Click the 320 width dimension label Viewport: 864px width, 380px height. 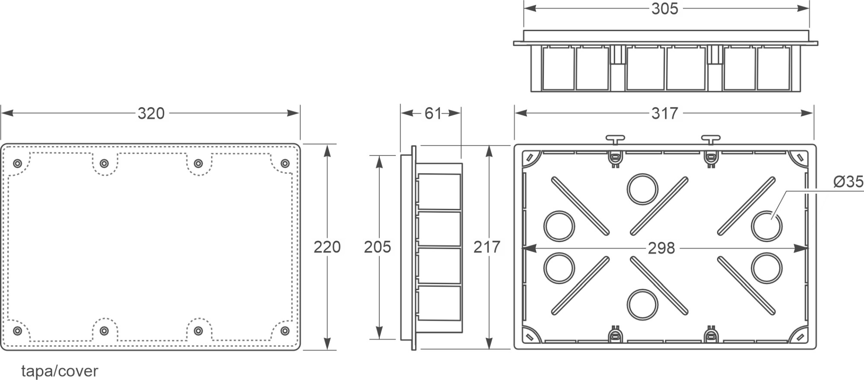pos(151,113)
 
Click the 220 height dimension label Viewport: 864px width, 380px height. pos(327,247)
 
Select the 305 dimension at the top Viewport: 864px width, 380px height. pos(665,9)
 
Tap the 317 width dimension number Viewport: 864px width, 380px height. pos(665,113)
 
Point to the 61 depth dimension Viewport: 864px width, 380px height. pos(432,113)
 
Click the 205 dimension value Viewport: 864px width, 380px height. pos(377,247)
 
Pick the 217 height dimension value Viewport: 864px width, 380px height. pos(487,247)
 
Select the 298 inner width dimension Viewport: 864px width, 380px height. pos(661,248)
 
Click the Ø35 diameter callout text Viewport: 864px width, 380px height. pos(848,182)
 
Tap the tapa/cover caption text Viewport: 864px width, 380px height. pos(60,371)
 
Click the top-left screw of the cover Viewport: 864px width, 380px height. pos(17,163)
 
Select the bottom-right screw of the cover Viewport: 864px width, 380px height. pos(285,331)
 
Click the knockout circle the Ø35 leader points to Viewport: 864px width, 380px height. pos(766,226)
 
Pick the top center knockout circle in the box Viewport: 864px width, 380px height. pos(642,189)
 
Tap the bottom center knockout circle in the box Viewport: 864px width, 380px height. pos(642,304)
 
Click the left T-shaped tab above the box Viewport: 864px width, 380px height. pos(615,139)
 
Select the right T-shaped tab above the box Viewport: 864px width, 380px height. pos(711,139)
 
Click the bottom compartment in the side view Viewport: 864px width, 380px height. pos(438,303)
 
